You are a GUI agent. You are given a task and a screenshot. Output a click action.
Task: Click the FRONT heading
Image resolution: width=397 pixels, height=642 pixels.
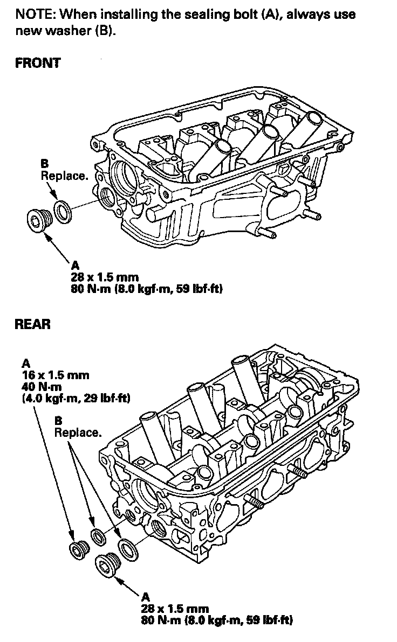pyautogui.click(x=38, y=63)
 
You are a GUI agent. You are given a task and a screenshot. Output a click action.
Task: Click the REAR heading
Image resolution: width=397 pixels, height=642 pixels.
pyautogui.click(x=33, y=324)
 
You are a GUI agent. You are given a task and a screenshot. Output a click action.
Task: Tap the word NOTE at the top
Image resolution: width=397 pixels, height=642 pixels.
pyautogui.click(x=35, y=15)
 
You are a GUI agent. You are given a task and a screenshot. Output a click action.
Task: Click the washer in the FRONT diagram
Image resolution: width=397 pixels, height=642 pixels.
pyautogui.click(x=63, y=212)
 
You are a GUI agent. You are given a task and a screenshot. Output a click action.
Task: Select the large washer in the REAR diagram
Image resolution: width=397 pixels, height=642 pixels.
pyautogui.click(x=127, y=549)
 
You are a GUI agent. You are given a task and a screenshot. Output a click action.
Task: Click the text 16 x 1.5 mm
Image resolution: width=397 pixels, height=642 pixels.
pyautogui.click(x=56, y=375)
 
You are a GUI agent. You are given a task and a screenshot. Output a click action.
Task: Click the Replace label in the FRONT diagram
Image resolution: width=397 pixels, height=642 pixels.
pyautogui.click(x=64, y=176)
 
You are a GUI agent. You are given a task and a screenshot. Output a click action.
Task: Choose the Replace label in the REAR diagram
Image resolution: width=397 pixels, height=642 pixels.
pyautogui.click(x=78, y=432)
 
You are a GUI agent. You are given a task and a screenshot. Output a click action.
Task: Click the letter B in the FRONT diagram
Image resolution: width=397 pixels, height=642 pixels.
pyautogui.click(x=45, y=164)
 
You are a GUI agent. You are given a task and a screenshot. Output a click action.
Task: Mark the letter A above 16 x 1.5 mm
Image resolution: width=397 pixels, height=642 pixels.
pyautogui.click(x=26, y=364)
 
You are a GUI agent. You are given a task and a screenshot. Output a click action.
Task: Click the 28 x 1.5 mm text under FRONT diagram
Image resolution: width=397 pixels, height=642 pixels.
pyautogui.click(x=105, y=277)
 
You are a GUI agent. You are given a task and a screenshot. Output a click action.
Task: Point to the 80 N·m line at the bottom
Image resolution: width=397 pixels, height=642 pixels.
pyautogui.click(x=217, y=620)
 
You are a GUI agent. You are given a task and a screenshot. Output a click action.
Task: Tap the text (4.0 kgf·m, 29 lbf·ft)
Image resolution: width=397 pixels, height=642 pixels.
pyautogui.click(x=76, y=398)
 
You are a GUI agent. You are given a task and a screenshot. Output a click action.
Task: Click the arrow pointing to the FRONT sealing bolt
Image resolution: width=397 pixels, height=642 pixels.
pyautogui.click(x=57, y=247)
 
